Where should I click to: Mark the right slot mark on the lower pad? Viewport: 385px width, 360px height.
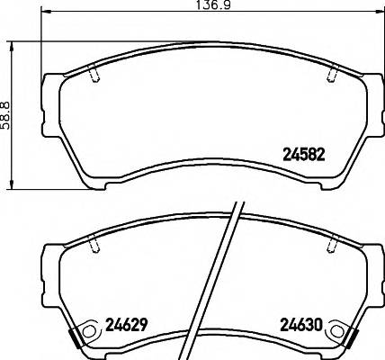tap(333, 244)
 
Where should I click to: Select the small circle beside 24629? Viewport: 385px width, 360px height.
tap(88, 334)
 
